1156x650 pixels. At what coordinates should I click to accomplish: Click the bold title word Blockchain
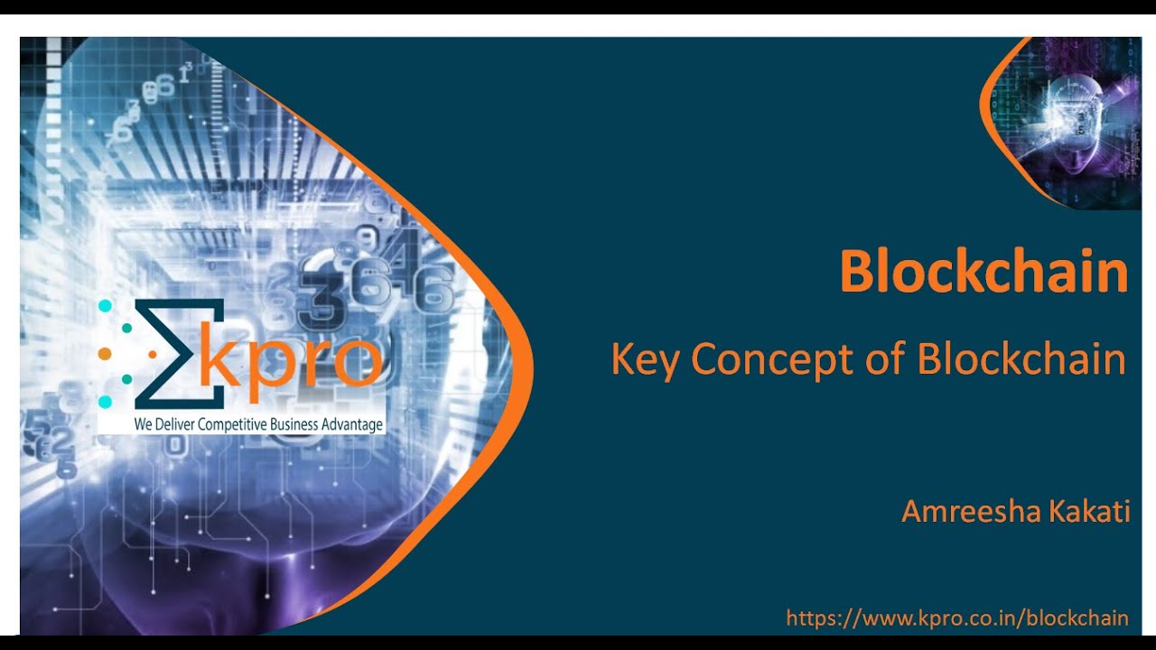[x=984, y=272]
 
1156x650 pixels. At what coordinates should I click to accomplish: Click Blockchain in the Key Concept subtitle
[x=1021, y=359]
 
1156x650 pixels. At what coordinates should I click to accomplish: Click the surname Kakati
[x=1089, y=512]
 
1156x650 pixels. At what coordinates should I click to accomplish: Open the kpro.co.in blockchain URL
[x=957, y=618]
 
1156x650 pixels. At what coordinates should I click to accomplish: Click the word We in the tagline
[x=143, y=424]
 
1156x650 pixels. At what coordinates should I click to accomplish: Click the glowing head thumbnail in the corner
[x=1064, y=124]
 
